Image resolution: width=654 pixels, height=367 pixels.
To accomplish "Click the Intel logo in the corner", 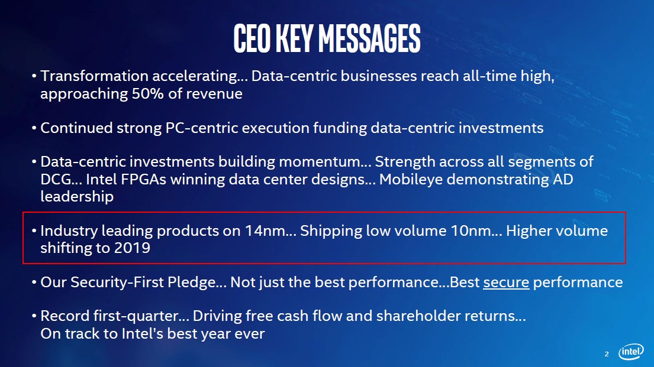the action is tap(631, 352).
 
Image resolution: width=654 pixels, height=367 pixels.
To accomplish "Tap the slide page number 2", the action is tap(607, 354).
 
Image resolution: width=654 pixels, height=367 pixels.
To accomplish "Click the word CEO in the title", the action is tap(252, 38).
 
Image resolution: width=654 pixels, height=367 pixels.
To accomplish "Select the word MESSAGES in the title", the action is tap(369, 38).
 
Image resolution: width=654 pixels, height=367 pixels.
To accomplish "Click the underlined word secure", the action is tap(506, 282).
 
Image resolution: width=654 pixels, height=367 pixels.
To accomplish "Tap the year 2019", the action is tap(132, 248).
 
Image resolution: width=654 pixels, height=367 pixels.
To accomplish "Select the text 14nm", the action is tap(270, 231).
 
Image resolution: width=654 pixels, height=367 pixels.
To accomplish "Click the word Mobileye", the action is tap(411, 180).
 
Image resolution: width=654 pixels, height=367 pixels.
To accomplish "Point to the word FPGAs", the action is tap(143, 180).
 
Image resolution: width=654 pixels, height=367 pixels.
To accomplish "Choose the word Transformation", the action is tap(94, 76).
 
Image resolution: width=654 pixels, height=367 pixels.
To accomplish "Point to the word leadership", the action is tap(77, 197).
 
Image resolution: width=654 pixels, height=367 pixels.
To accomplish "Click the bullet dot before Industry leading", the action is tap(34, 232).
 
